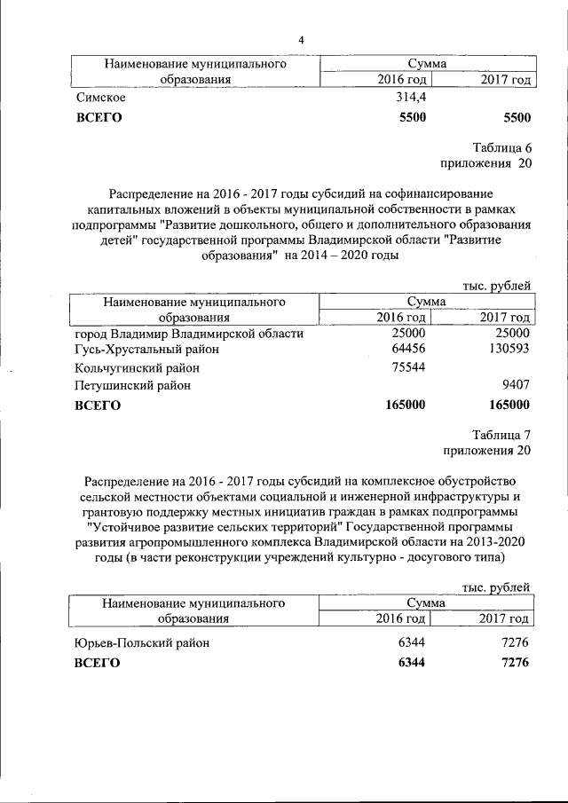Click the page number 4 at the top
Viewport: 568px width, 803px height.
[301, 41]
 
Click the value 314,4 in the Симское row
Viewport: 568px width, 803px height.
[412, 98]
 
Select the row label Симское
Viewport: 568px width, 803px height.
[100, 98]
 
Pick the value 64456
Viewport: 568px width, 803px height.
[409, 350]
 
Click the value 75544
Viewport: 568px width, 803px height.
[409, 367]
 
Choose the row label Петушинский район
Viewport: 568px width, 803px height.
[132, 386]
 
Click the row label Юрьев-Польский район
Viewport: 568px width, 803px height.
[142, 643]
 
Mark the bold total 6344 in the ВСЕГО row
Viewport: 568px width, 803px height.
[413, 663]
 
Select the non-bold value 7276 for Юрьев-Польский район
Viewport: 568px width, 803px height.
[515, 643]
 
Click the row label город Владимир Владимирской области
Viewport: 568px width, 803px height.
[189, 334]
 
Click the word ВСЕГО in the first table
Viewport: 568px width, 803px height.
[99, 117]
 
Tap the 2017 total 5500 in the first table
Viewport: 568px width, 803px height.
[516, 117]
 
